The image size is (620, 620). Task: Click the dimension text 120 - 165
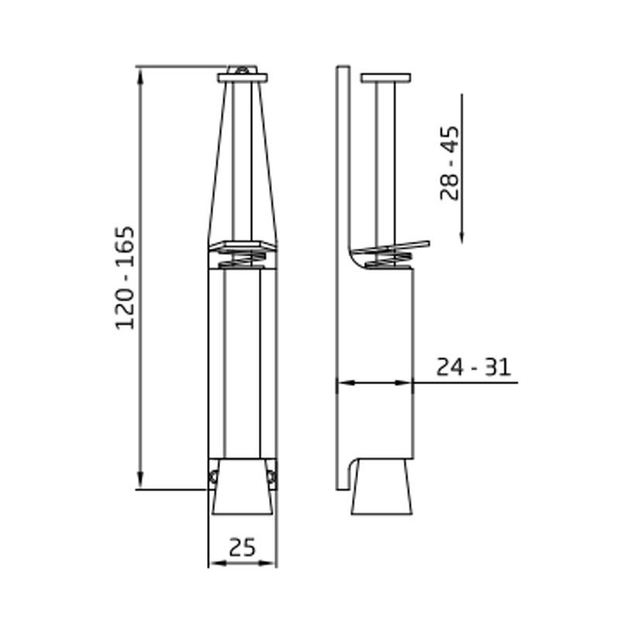coord(126,277)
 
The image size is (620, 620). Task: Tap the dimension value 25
coord(243,547)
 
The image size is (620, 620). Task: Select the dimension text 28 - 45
coord(449,163)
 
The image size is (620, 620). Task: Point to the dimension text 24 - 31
coord(473,367)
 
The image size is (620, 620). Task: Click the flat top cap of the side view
coord(385,77)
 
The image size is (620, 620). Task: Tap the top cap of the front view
coord(243,77)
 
